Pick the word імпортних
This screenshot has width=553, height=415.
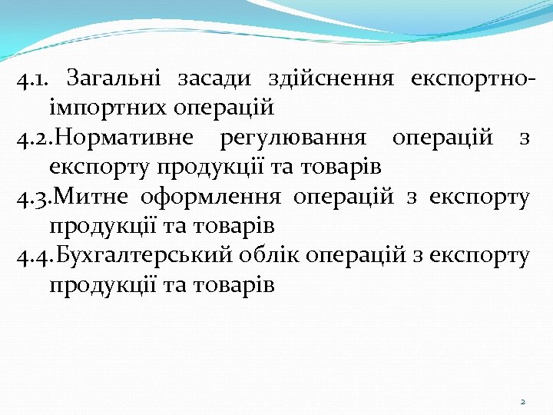[x=101, y=106]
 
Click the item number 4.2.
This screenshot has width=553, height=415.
[x=33, y=138]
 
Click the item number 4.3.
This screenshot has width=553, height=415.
[x=33, y=198]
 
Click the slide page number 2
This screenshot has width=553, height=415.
[x=522, y=402]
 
